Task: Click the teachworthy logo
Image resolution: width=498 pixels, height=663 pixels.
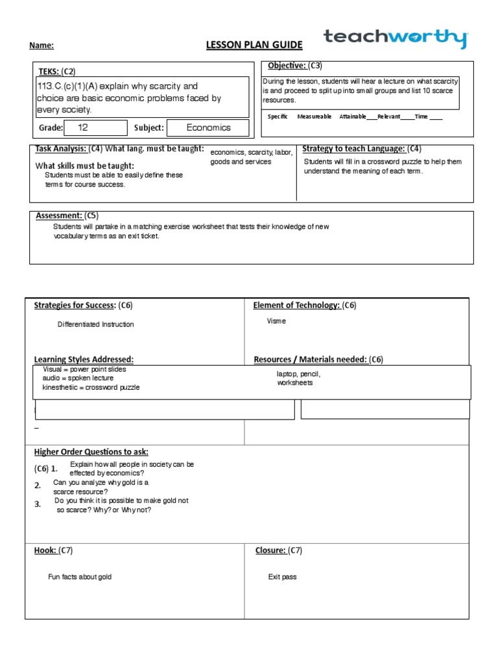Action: click(x=395, y=38)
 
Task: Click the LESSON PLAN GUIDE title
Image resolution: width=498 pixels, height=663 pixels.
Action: click(x=254, y=45)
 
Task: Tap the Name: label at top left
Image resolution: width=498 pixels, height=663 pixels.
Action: click(x=41, y=45)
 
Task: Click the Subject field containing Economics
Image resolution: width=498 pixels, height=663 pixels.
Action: click(x=207, y=128)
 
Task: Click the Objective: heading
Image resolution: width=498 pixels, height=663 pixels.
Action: click(x=287, y=65)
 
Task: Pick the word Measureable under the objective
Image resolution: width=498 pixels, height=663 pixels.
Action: click(x=314, y=117)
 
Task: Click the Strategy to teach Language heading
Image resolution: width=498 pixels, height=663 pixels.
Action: click(x=354, y=149)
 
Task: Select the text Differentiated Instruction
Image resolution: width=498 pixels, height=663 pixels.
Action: click(x=95, y=324)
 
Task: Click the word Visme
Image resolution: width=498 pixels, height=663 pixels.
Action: click(x=276, y=321)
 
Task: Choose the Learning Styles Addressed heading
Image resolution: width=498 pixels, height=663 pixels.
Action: click(x=84, y=359)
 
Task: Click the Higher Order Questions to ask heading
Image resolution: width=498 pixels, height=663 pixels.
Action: click(x=95, y=451)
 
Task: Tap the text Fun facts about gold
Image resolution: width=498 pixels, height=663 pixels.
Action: click(x=84, y=577)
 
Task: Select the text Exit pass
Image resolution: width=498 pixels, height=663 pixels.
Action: click(x=282, y=577)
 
